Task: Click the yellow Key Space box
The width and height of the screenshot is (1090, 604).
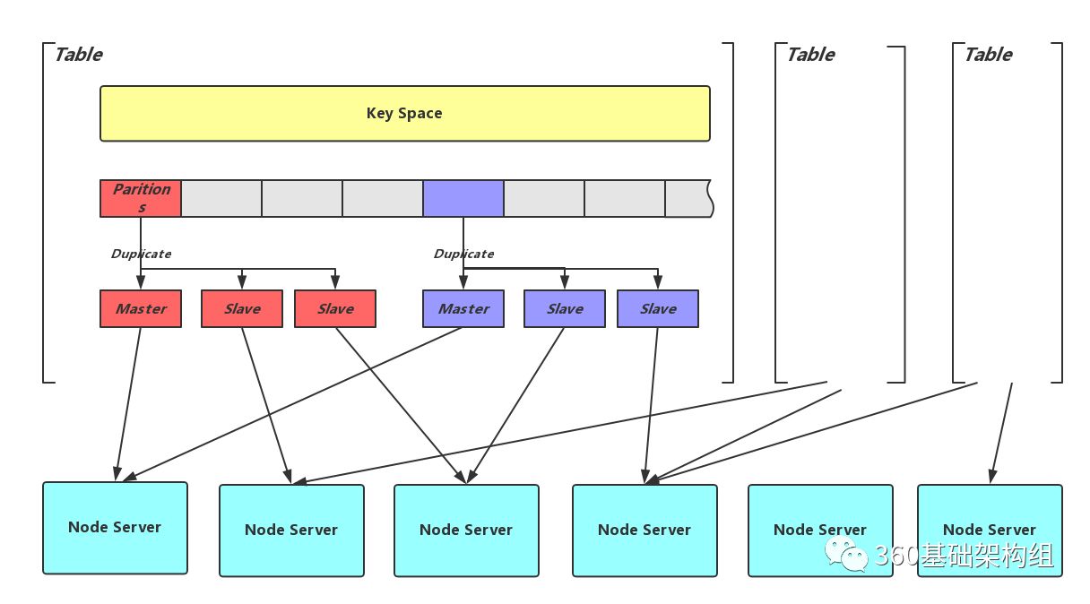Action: pyautogui.click(x=405, y=114)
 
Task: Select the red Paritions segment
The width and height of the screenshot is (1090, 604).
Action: pyautogui.click(x=141, y=198)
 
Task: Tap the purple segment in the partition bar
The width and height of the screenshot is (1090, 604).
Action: pyautogui.click(x=463, y=198)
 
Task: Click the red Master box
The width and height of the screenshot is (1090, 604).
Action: pyautogui.click(x=141, y=309)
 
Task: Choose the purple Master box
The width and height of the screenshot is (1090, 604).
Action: pyautogui.click(x=463, y=309)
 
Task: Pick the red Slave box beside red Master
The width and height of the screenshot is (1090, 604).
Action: pyautogui.click(x=242, y=309)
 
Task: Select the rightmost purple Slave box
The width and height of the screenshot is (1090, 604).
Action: pyautogui.click(x=658, y=309)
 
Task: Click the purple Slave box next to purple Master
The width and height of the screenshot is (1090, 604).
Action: pyautogui.click(x=565, y=309)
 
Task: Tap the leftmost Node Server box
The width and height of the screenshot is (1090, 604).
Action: pyautogui.click(x=115, y=528)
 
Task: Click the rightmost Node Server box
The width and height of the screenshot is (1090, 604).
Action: pyautogui.click(x=990, y=531)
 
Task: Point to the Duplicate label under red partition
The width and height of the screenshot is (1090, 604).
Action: pyautogui.click(x=141, y=254)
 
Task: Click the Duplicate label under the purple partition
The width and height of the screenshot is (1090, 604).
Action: pyautogui.click(x=463, y=254)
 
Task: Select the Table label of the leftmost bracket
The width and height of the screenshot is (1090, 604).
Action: pyautogui.click(x=79, y=55)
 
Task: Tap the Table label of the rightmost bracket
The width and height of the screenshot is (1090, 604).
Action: pyautogui.click(x=989, y=55)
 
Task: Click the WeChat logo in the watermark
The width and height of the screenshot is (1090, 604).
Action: pyautogui.click(x=846, y=555)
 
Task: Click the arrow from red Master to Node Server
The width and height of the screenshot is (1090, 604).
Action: pyautogui.click(x=128, y=404)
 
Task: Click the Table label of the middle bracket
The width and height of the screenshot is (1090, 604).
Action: pyautogui.click(x=811, y=55)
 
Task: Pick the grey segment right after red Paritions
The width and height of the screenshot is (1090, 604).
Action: pyautogui.click(x=221, y=198)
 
